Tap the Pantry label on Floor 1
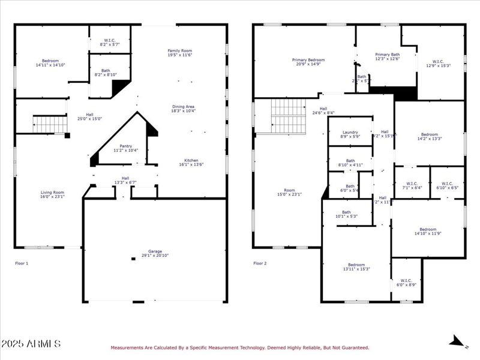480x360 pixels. pos(125,148)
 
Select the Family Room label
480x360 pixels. pos(179,53)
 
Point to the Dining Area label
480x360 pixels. pos(183,109)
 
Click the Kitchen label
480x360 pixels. pos(191,162)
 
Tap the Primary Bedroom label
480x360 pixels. pos(308,62)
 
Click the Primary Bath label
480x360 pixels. pos(387,56)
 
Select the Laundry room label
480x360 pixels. pos(350,134)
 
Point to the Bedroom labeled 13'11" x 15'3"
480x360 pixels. pos(356,266)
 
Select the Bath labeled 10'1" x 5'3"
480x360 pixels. pos(346,214)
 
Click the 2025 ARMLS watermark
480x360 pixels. pos(31,344)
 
